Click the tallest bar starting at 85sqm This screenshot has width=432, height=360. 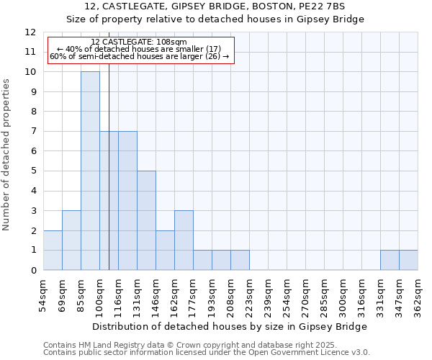(90, 171)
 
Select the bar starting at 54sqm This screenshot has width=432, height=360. (53, 250)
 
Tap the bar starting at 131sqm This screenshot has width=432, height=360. (146, 220)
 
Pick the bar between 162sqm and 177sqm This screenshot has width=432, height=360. (184, 240)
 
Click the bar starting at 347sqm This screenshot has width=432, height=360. (408, 260)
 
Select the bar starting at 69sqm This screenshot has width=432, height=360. (71, 240)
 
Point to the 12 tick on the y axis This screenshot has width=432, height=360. (30, 32)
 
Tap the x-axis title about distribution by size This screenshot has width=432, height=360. (230, 326)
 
